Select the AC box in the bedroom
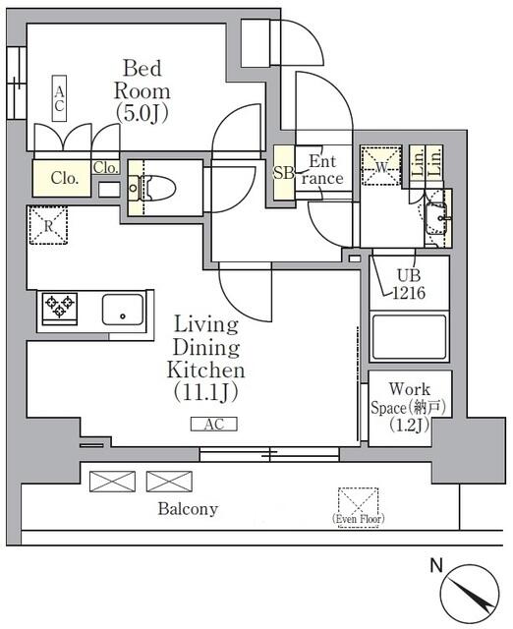[60, 98]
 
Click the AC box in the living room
[213, 425]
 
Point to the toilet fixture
[157, 187]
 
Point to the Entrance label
[323, 170]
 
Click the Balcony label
[188, 509]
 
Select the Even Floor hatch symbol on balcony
[357, 502]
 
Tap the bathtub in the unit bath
[409, 337]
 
